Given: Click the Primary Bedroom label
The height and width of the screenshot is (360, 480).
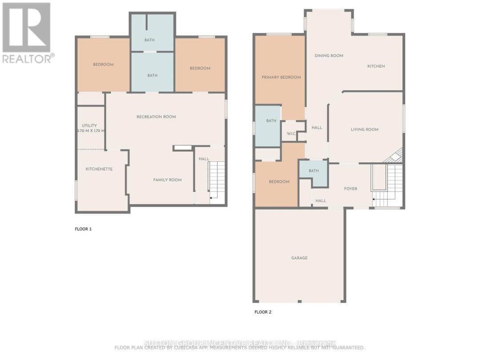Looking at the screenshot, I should pos(281,77).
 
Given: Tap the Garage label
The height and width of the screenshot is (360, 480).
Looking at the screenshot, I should pos(299,258).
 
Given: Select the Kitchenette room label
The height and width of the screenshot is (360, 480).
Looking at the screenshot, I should pos(99,169).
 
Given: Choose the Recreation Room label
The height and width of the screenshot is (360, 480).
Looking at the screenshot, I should pos(156,117).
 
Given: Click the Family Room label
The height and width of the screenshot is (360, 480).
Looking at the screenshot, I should pos(167,180).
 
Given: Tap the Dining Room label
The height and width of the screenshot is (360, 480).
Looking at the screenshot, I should pos(329,56).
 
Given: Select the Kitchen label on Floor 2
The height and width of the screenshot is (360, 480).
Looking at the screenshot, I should pos(376,66).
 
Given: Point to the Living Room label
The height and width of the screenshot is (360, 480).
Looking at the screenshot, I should pos(364,130).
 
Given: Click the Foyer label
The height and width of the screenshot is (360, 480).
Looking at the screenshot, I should pos(351,189).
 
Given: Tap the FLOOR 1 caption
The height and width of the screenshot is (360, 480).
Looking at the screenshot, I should pos(83,229).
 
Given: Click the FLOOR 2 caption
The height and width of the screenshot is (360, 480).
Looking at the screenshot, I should pos(263,312).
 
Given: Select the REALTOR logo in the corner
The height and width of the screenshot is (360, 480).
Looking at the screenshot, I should pos(27,33).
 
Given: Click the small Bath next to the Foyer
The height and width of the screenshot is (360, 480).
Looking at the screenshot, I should pos(314,171).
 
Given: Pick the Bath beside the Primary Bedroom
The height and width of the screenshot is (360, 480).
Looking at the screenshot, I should pos(271,121).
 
